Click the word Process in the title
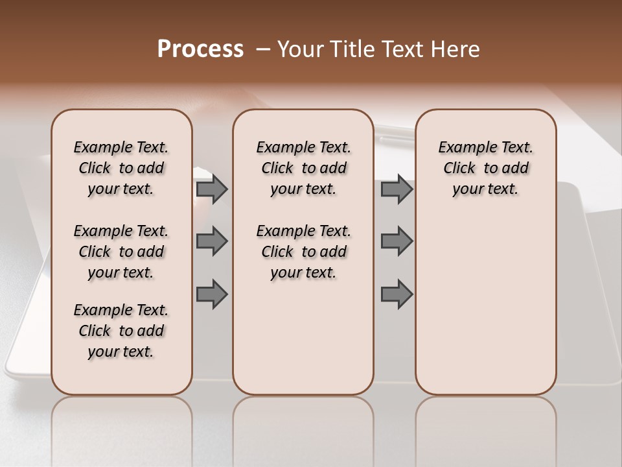click(200, 49)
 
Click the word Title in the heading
click(350, 49)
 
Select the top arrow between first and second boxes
click(212, 189)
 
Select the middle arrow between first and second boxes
click(212, 241)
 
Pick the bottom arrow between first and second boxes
click(212, 294)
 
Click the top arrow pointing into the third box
click(397, 189)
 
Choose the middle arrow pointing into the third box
click(397, 241)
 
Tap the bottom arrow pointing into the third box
click(397, 294)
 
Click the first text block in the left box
click(121, 168)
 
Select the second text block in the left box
click(121, 252)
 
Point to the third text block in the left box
click(121, 331)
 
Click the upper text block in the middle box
click(303, 168)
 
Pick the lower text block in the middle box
click(303, 252)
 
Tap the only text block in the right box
click(485, 168)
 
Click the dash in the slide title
click(262, 49)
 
